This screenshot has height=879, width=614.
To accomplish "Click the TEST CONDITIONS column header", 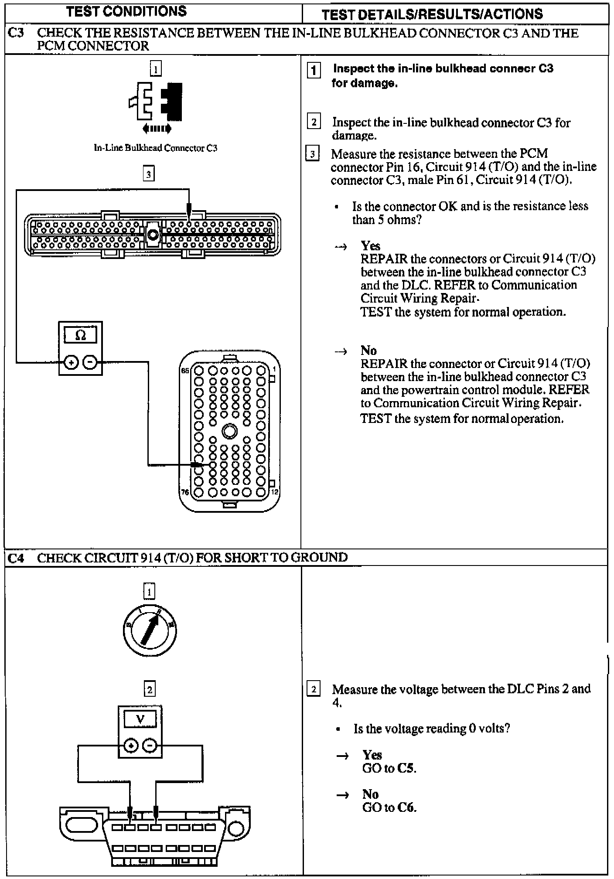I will pyautogui.click(x=126, y=11).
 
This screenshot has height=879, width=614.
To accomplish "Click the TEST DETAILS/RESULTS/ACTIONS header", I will pyautogui.click(x=432, y=14).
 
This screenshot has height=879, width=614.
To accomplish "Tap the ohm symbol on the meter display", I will pyautogui.click(x=81, y=335).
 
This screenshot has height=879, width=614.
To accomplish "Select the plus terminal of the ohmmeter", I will pyautogui.click(x=71, y=362).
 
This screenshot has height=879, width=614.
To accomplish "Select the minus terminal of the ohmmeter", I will pyautogui.click(x=90, y=362).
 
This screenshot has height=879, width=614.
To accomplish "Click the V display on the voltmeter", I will pyautogui.click(x=140, y=719).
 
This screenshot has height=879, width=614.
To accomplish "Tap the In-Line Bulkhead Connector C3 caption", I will pyautogui.click(x=156, y=148).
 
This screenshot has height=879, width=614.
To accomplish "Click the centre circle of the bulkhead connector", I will pyautogui.click(x=229, y=432).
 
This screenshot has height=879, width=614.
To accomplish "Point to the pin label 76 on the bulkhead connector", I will pyautogui.click(x=185, y=492).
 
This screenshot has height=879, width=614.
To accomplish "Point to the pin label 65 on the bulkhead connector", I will pyautogui.click(x=185, y=371).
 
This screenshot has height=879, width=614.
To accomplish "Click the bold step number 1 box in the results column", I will pyautogui.click(x=314, y=70).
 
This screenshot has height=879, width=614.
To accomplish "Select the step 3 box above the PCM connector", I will pyautogui.click(x=149, y=174).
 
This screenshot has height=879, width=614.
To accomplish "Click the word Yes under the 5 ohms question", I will pyautogui.click(x=370, y=246).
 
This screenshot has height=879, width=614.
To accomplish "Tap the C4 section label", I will pyautogui.click(x=16, y=558).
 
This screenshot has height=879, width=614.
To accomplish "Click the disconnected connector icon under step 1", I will pyautogui.click(x=156, y=101).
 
